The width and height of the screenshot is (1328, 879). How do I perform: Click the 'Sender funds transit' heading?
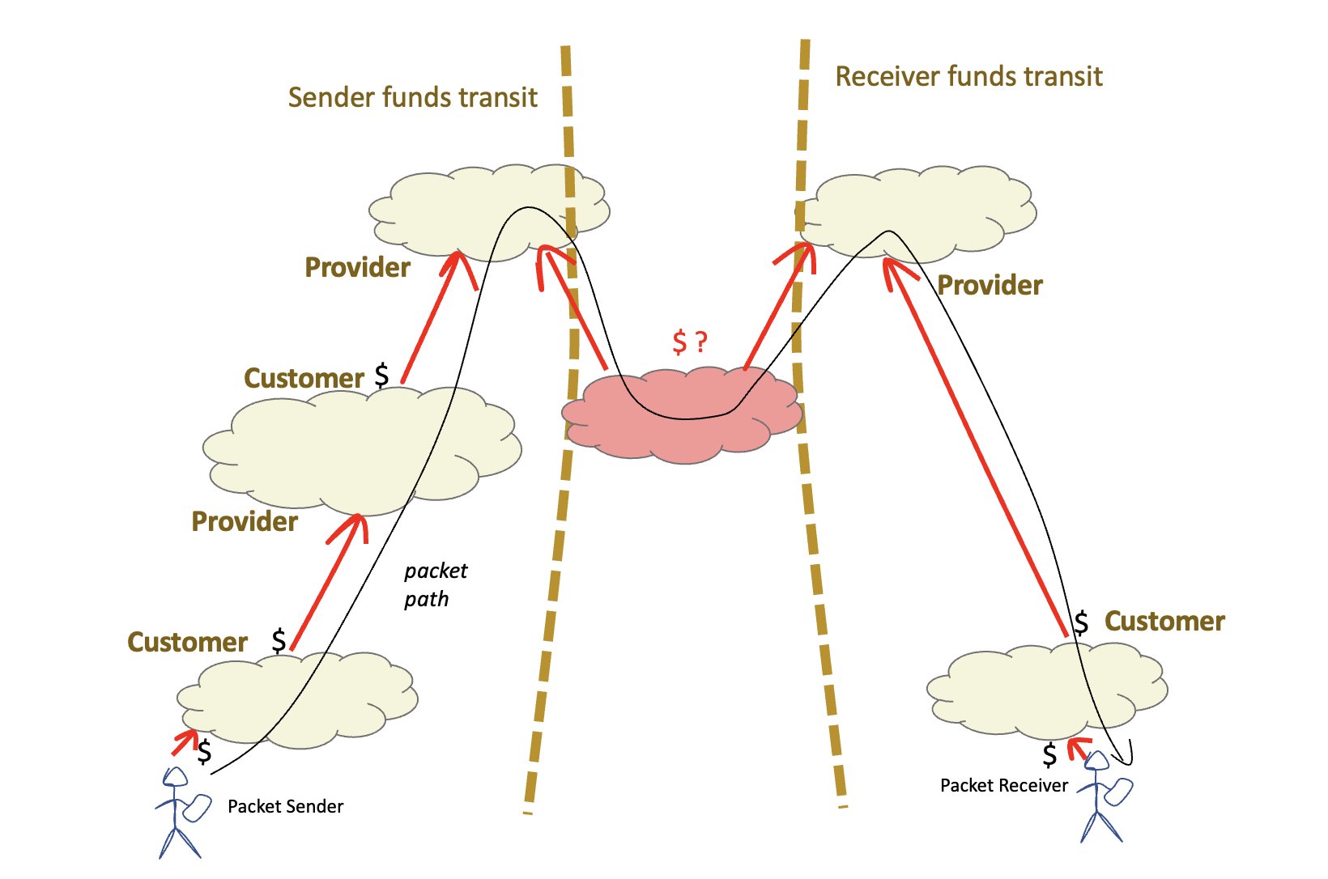(x=412, y=98)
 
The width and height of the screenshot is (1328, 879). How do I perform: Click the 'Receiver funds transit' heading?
(x=968, y=77)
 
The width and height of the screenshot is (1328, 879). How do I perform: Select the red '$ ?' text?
(x=690, y=342)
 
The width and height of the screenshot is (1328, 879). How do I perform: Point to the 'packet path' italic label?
(x=435, y=584)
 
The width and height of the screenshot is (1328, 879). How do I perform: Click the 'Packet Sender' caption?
(x=285, y=806)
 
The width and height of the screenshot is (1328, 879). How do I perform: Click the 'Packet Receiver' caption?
(x=1003, y=785)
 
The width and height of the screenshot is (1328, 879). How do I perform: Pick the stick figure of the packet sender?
(x=178, y=813)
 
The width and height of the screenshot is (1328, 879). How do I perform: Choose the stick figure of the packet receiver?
(x=1101, y=797)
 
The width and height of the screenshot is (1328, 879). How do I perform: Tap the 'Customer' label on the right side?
(x=1164, y=622)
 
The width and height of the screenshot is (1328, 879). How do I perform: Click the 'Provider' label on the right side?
(x=990, y=286)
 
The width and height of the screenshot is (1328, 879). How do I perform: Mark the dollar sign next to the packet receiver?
(x=1049, y=755)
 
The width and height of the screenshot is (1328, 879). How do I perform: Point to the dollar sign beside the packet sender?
(x=205, y=752)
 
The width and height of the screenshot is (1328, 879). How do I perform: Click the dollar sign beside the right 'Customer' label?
(x=1081, y=622)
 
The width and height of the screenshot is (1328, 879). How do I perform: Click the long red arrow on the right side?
(x=976, y=445)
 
